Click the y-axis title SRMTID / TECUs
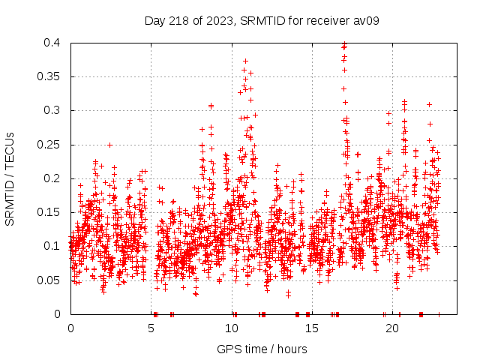coord(10,178)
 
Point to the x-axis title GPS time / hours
coord(262,349)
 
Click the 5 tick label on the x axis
coord(151,328)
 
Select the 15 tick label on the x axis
coord(312,328)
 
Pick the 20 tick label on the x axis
coord(392,328)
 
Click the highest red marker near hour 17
coord(344,44)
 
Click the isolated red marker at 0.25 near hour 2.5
coord(109,145)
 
